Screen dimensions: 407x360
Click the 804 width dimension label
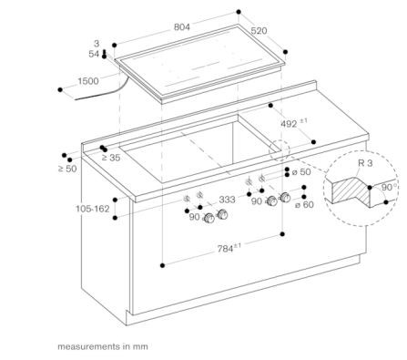pos(182,27)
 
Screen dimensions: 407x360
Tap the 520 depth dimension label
pos(259,31)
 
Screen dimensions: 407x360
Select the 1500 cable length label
pos(88,81)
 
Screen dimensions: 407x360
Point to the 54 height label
pos(94,54)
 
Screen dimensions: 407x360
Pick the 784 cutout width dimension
pos(229,248)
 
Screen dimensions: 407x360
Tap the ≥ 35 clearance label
pos(111,158)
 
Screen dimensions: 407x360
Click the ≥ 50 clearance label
pos(67,169)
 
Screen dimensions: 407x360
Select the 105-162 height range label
pos(93,209)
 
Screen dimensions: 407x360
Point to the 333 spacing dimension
pos(227,200)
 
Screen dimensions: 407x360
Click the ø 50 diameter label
pos(301,172)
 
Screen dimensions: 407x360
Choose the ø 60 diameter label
pos(304,205)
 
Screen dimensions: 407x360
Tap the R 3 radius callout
pos(365,163)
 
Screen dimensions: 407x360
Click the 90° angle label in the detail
pos(387,187)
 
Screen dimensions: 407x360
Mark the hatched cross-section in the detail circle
pos(351,190)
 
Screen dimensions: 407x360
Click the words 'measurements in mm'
pos(103,346)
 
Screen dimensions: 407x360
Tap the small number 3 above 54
pos(97,44)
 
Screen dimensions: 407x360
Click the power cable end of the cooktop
pos(76,99)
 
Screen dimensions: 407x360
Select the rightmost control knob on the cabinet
pos(285,198)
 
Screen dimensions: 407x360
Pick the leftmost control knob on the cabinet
pos(209,218)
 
